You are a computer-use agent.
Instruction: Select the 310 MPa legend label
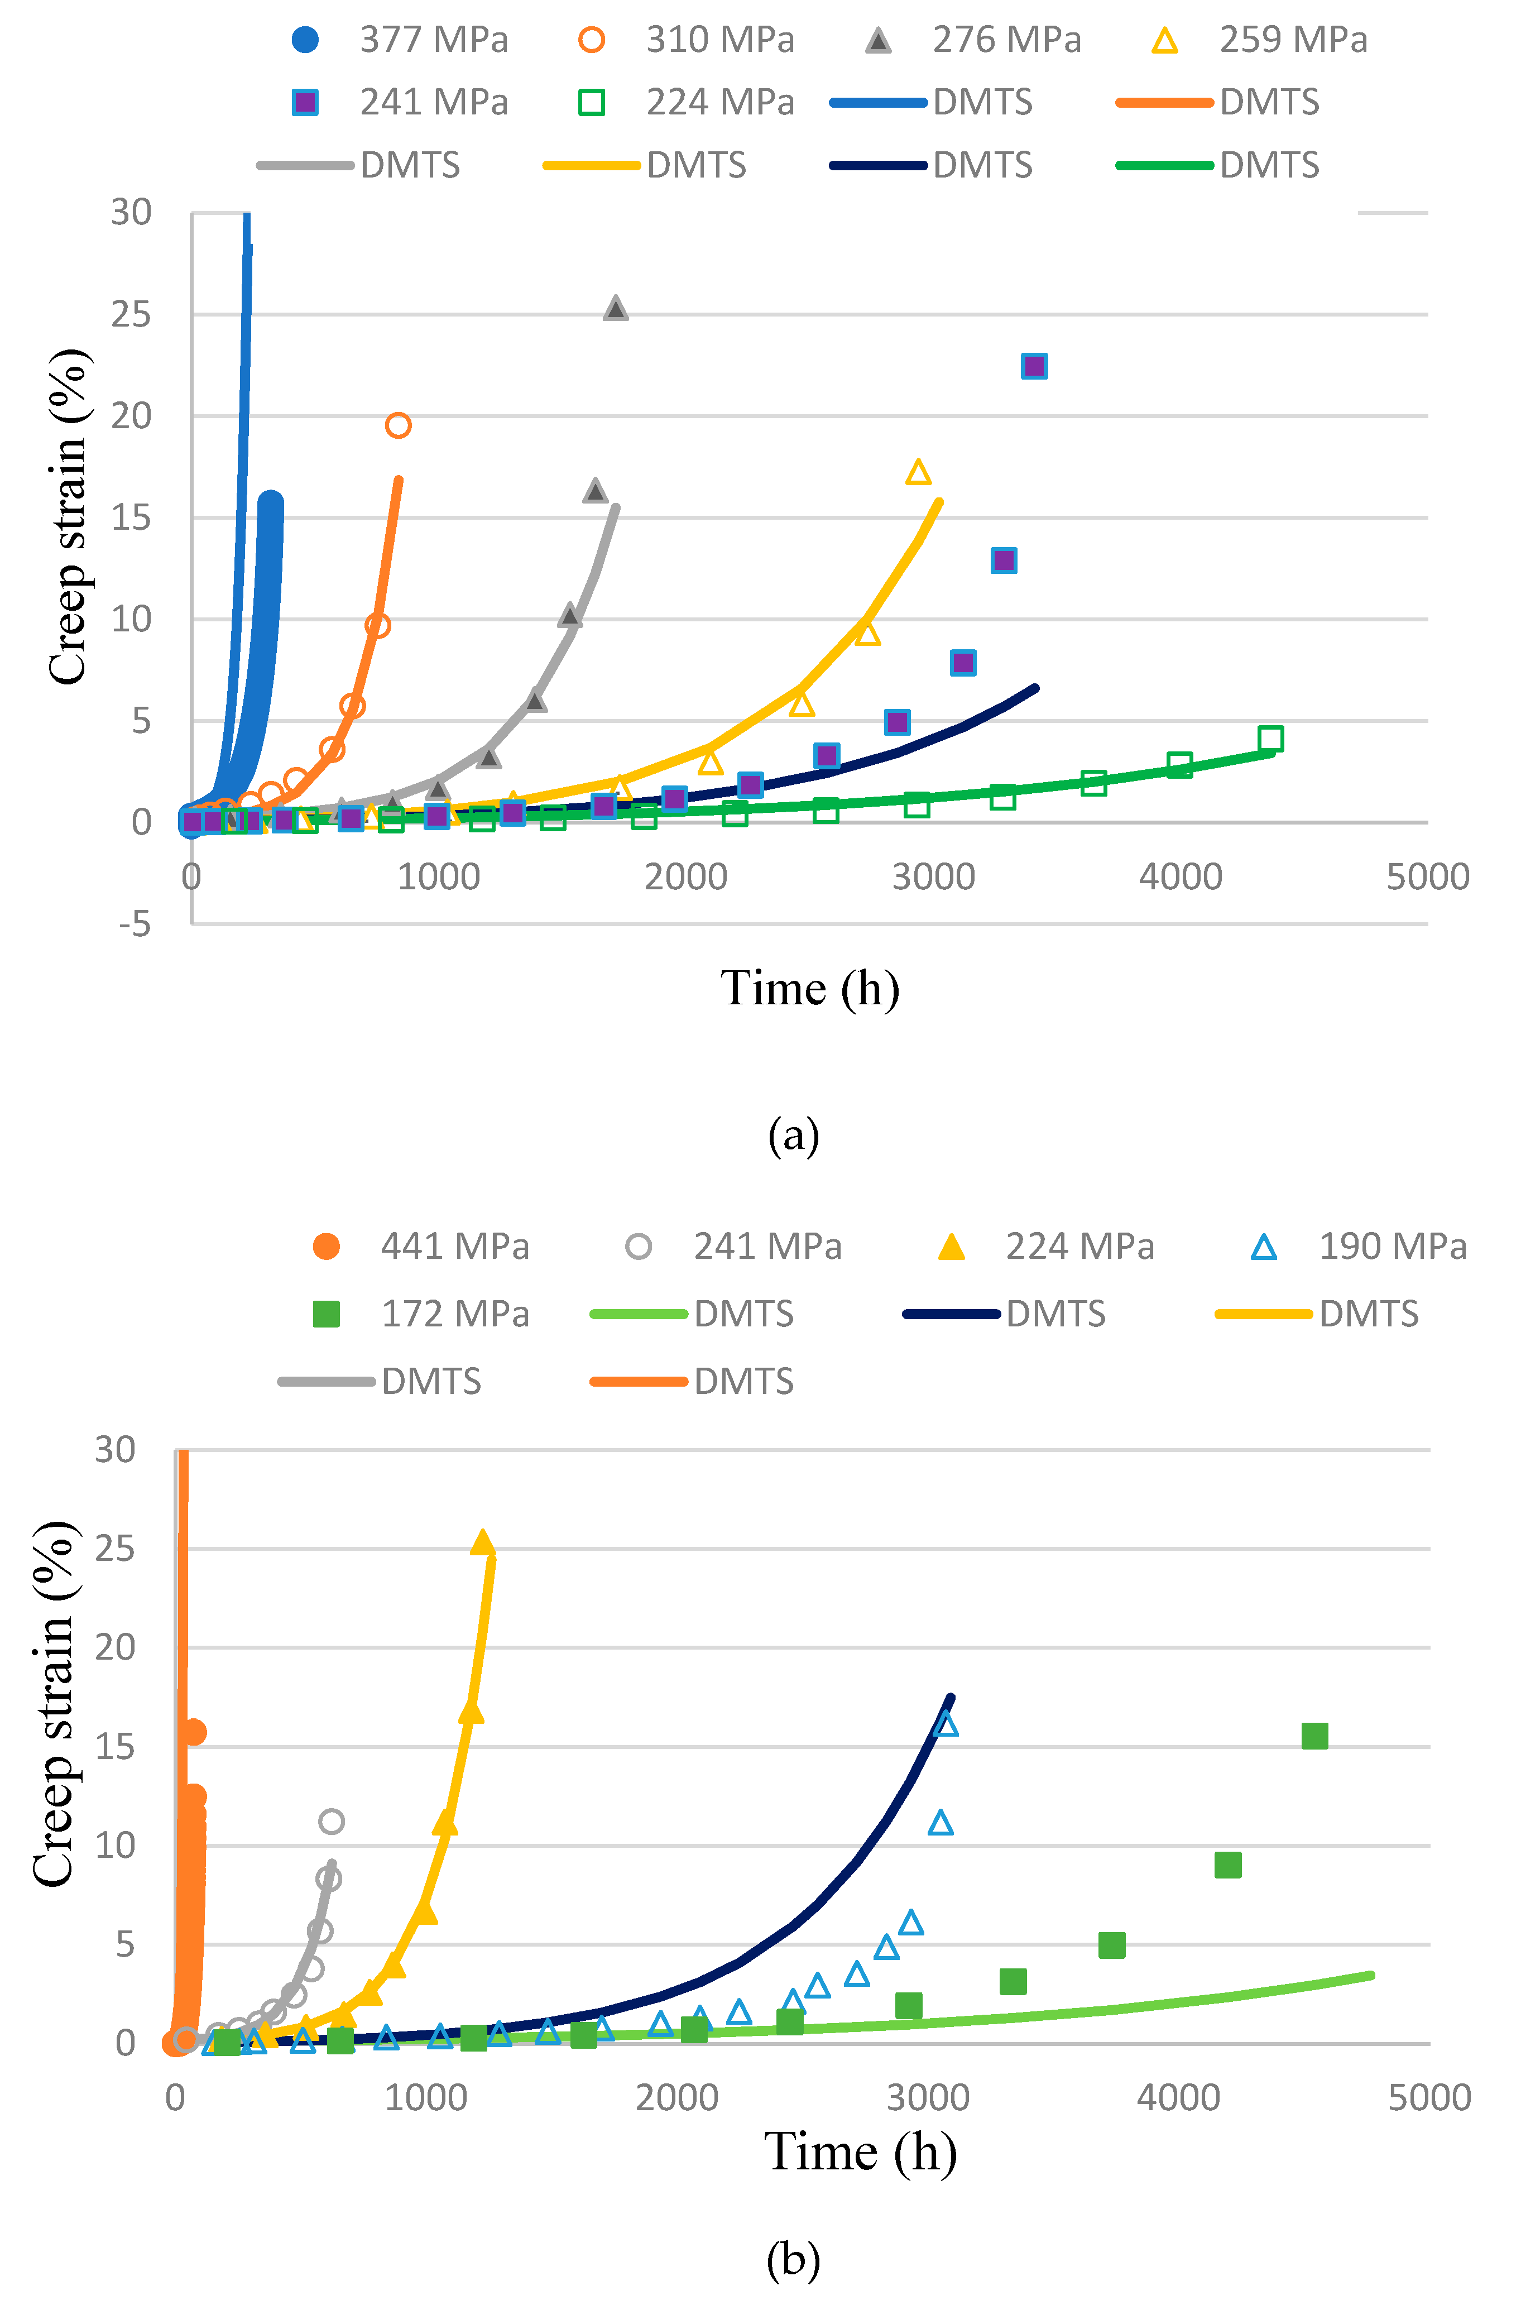coord(720,40)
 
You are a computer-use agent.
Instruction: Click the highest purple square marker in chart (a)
coord(1034,366)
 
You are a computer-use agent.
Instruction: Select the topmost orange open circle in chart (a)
coord(398,425)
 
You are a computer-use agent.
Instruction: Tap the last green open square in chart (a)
coord(1270,738)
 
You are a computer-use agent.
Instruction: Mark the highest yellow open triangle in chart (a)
coord(918,472)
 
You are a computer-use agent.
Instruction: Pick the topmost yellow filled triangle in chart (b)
coord(482,1541)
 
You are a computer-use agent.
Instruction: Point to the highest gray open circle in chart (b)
coord(331,1821)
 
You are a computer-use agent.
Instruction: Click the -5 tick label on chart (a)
coord(135,923)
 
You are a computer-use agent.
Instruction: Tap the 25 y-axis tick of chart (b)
coord(116,1549)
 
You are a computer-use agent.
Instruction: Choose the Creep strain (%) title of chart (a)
coord(69,517)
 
